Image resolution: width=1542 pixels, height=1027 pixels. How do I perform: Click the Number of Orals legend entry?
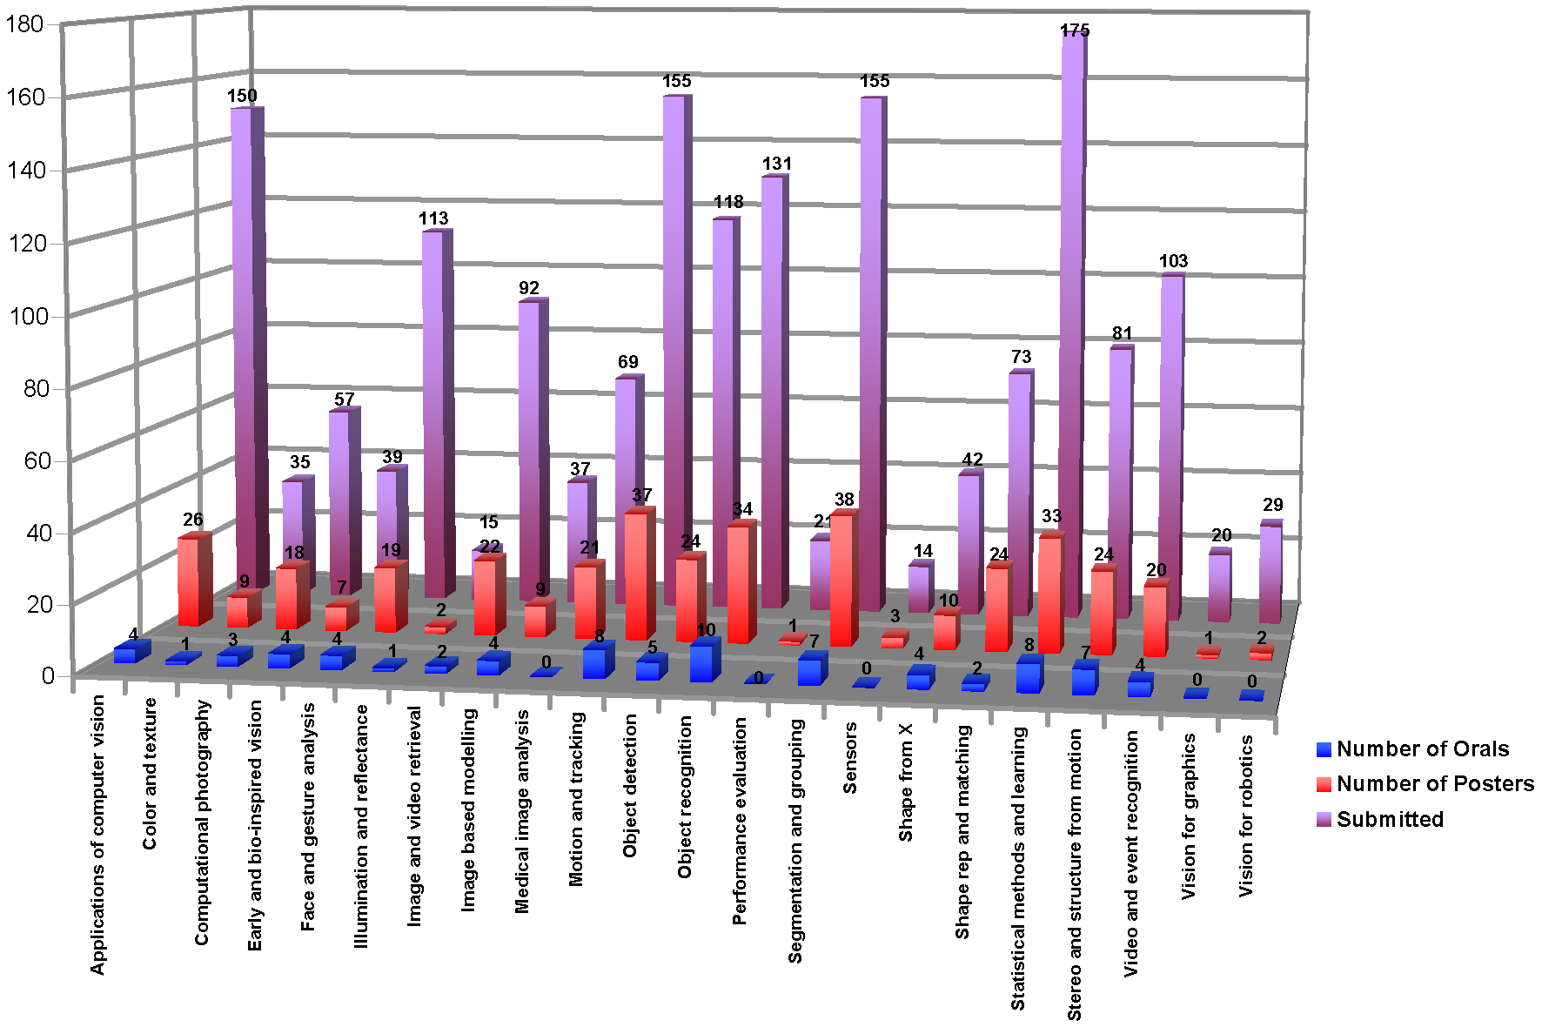(1421, 749)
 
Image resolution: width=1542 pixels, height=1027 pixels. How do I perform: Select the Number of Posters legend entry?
(1434, 784)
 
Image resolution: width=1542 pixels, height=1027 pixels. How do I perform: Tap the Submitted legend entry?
(1389, 820)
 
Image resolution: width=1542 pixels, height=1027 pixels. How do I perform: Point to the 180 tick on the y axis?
(25, 23)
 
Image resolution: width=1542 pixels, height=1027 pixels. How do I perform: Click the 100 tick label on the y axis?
(25, 315)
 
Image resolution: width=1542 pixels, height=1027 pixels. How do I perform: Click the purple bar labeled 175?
(1070, 322)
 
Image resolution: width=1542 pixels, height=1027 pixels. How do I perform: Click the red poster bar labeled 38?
(841, 579)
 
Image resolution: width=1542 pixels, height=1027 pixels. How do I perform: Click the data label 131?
(777, 164)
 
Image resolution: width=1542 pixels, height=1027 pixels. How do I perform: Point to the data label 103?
(1173, 261)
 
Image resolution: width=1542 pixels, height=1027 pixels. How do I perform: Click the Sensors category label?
(850, 757)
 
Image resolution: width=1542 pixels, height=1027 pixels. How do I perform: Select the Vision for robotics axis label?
(1247, 815)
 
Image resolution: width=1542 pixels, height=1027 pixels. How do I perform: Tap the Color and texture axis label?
(150, 773)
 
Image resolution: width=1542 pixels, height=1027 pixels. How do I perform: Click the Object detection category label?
(630, 785)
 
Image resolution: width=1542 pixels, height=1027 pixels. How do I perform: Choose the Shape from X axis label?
(906, 782)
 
